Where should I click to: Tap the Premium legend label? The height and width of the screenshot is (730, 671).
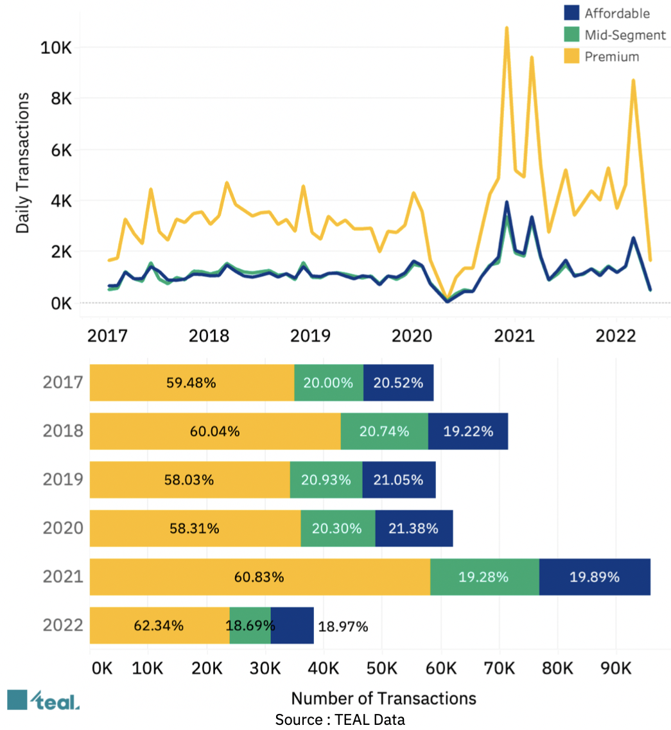tap(612, 56)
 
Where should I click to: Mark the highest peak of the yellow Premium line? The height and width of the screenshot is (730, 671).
tap(507, 28)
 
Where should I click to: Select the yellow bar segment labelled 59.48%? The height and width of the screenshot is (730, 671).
tap(191, 383)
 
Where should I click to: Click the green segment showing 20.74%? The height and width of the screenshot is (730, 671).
tap(384, 431)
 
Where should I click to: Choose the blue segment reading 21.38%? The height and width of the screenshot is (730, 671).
tap(414, 528)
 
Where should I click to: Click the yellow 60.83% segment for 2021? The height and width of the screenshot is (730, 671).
tap(259, 577)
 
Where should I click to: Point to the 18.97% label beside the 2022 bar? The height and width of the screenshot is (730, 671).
tap(343, 627)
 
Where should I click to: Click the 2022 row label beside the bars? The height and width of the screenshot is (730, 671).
tap(63, 625)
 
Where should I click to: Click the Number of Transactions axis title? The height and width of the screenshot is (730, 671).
tap(384, 698)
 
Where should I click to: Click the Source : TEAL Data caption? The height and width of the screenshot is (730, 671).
tap(340, 720)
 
